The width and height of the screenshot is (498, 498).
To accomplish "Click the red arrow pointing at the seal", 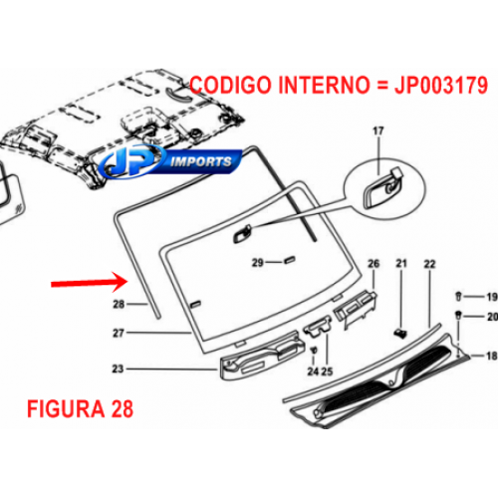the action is click(89, 283).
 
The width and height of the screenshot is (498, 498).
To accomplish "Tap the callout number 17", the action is click(378, 131).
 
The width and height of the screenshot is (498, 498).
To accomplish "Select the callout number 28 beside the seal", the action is click(119, 304).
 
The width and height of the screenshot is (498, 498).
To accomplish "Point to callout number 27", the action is click(119, 333).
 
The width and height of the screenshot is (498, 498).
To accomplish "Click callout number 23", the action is click(118, 369).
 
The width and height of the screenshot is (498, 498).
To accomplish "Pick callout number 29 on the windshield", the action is click(258, 263).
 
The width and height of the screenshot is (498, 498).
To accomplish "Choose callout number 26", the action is click(373, 264).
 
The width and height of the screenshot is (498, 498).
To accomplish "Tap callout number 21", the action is click(401, 264).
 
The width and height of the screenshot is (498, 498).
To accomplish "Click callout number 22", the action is click(429, 264).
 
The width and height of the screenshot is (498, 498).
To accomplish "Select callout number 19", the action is click(492, 297).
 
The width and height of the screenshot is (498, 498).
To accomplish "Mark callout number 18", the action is click(492, 356).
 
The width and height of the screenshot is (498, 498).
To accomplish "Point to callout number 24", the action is click(313, 372).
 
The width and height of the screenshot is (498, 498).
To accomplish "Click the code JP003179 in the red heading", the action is click(441, 85).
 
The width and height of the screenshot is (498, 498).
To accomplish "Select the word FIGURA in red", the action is click(66, 408).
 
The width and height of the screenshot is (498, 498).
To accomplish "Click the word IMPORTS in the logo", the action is click(201, 161).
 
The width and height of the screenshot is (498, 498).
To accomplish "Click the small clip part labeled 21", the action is click(401, 333).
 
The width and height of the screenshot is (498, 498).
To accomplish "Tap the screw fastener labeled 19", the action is click(459, 296).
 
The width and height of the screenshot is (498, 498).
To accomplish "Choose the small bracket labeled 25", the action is click(318, 327).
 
